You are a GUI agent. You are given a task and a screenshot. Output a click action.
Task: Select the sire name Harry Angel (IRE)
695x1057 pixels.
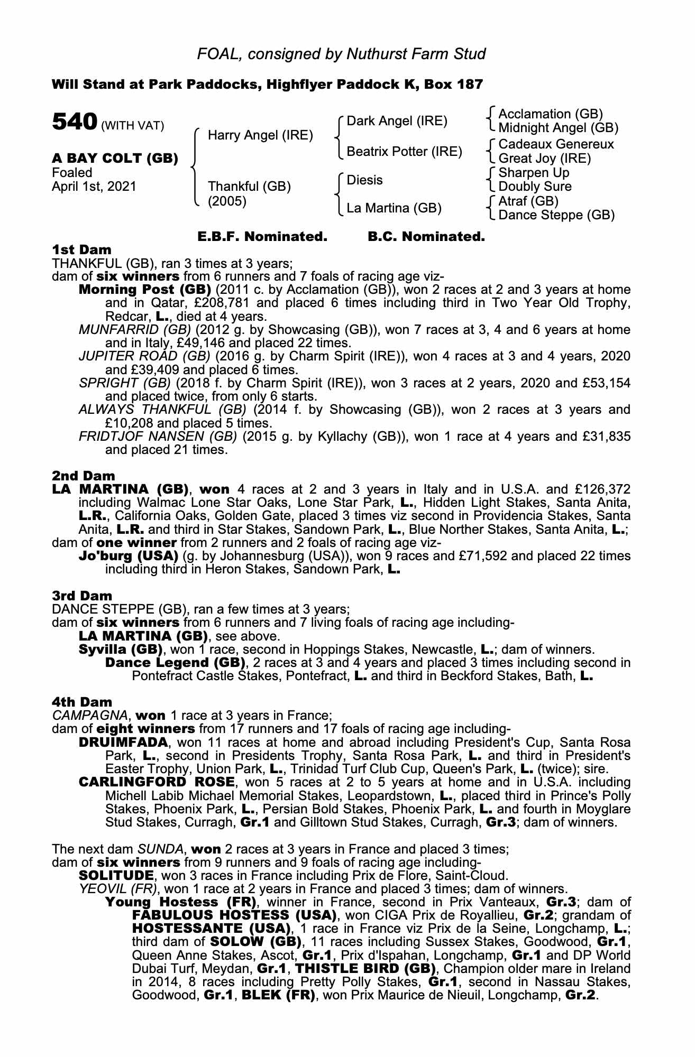260,135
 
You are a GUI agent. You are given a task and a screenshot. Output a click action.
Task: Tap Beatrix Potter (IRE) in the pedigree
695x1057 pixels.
404,152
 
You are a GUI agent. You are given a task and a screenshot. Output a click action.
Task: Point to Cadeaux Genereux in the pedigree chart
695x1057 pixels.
556,144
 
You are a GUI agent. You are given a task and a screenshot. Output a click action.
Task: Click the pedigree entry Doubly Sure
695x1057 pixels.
535,187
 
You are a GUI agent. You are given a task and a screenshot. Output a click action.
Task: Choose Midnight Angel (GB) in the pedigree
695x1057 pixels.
558,128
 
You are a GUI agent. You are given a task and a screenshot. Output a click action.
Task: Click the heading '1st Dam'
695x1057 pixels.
81,249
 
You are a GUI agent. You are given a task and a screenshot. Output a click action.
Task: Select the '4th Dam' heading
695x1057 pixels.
82,702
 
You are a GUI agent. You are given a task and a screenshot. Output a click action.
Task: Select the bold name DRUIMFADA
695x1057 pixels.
123,742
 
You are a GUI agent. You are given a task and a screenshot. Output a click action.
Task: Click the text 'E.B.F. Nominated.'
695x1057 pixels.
262,237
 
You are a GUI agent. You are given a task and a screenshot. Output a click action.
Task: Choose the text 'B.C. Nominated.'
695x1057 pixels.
426,237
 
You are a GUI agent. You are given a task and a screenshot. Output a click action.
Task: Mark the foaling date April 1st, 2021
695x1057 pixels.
94,187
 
